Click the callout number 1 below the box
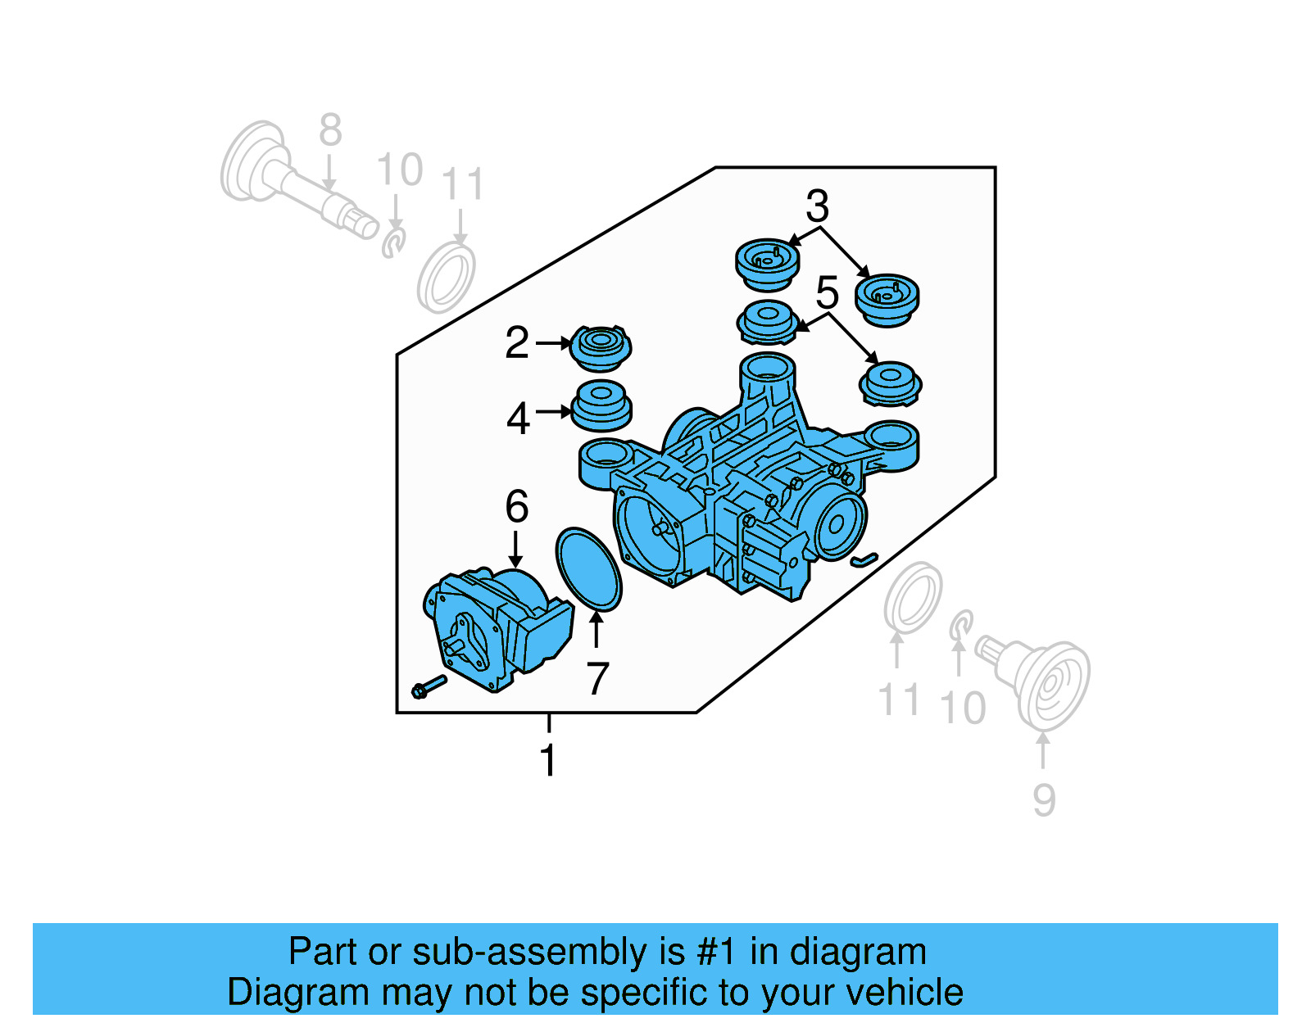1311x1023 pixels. [x=548, y=760]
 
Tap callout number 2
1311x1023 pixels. [x=517, y=342]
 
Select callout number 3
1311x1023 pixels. [x=817, y=206]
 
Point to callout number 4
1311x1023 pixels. [x=518, y=419]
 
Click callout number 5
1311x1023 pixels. [x=828, y=292]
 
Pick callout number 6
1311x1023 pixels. [x=516, y=506]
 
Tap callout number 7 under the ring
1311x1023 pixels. [x=597, y=678]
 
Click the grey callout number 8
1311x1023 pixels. [x=330, y=130]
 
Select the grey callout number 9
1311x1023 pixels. [x=1043, y=799]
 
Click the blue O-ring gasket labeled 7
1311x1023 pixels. [x=588, y=569]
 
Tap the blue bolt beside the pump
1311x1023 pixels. [x=429, y=686]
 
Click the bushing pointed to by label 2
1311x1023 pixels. [x=601, y=347]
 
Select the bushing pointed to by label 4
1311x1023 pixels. [x=601, y=405]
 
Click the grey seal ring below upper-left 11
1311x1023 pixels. [x=446, y=278]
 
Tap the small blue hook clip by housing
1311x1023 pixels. [x=864, y=560]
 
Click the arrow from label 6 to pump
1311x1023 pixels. [x=515, y=549]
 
